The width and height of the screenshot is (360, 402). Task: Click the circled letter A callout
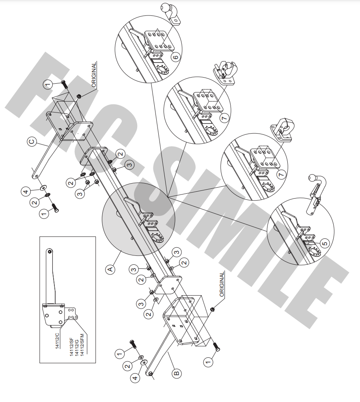click(x=110, y=270)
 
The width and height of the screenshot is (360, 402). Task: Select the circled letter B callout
click(x=177, y=373)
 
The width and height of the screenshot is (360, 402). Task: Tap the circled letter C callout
click(x=32, y=142)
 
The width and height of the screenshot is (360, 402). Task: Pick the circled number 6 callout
click(x=176, y=57)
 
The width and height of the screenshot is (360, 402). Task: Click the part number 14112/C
click(x=57, y=340)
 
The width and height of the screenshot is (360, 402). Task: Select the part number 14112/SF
click(x=72, y=347)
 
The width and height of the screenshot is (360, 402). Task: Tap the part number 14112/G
click(x=77, y=347)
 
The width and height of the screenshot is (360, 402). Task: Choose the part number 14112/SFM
click(x=82, y=345)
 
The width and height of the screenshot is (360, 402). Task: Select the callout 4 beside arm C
click(x=26, y=192)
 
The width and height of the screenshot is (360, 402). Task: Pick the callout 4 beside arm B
click(x=135, y=377)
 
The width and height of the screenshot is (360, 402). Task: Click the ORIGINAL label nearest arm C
click(x=94, y=74)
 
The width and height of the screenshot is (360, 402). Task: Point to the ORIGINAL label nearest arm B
click(x=222, y=284)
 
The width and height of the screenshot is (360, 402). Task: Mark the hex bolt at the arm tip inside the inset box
click(x=50, y=251)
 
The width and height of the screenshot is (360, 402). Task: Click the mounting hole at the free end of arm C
click(x=37, y=176)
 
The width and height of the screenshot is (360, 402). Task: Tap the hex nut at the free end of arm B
click(x=151, y=374)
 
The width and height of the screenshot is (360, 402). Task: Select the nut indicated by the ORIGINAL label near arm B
click(x=212, y=309)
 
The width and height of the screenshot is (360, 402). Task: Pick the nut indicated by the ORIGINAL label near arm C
click(x=80, y=96)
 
